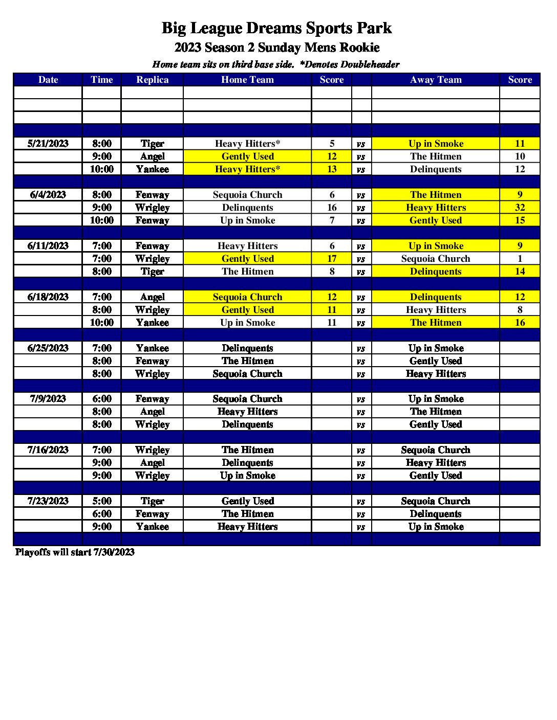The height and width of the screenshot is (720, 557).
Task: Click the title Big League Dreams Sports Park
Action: tap(276, 28)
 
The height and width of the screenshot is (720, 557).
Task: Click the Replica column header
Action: tap(152, 80)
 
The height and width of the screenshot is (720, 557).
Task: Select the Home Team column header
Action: tap(247, 80)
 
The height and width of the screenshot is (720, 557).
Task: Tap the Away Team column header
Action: tap(436, 80)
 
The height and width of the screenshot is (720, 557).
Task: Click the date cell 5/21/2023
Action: tap(48, 144)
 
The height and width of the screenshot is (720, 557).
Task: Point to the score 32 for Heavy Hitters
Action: tap(520, 208)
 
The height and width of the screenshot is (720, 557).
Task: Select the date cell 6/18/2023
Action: tap(48, 297)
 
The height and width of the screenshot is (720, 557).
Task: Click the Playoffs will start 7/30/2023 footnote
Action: tap(75, 552)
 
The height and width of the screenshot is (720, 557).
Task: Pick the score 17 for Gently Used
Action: tap(332, 259)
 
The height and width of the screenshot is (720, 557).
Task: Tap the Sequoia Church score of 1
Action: tap(520, 259)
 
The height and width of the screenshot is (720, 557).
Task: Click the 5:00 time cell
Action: tap(102, 501)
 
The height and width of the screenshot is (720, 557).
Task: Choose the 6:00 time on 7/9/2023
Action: tap(102, 399)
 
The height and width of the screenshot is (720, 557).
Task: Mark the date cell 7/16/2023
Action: tap(48, 450)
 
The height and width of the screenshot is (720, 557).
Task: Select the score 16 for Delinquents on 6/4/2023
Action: tap(332, 208)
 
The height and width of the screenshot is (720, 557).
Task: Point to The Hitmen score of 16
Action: tap(520, 323)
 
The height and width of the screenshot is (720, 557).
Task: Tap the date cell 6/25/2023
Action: tap(48, 348)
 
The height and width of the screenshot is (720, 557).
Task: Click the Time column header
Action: tap(102, 80)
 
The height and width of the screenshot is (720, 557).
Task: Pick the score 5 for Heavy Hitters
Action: tap(332, 144)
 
